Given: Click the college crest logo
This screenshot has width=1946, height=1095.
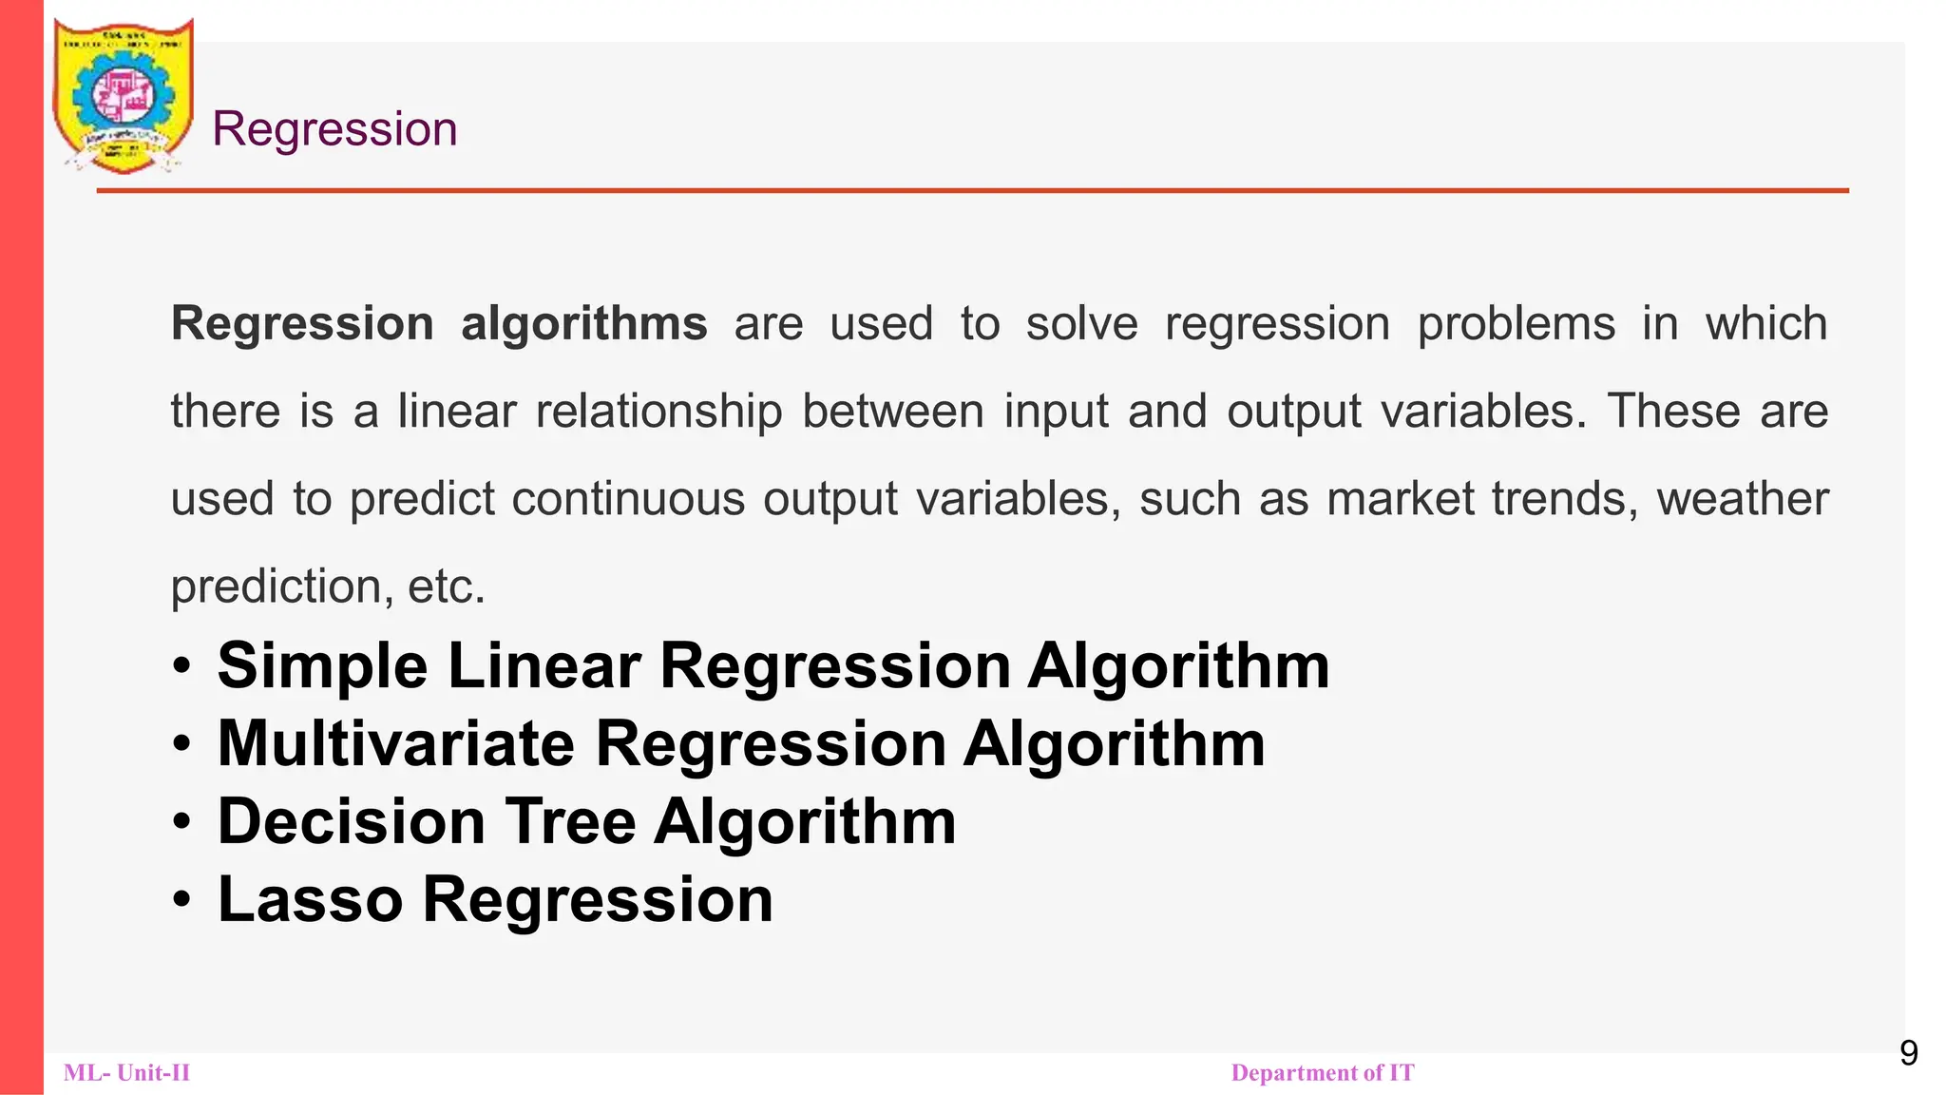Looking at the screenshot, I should click(x=124, y=95).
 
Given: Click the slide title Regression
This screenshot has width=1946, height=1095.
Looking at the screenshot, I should click(x=334, y=129).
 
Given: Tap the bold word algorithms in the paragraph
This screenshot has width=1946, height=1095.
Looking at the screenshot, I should click(x=584, y=324).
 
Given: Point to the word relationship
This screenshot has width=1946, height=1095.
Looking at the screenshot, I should click(x=658, y=412).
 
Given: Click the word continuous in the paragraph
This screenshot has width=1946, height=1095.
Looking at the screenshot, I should click(x=628, y=499).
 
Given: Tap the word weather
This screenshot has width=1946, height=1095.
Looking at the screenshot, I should click(x=1743, y=499).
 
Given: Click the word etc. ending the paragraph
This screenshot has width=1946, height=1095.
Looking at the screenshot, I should click(x=447, y=586).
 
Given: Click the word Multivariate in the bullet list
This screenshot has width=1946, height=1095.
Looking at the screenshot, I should click(x=395, y=743).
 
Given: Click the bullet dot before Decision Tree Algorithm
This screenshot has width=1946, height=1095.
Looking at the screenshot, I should click(x=182, y=821).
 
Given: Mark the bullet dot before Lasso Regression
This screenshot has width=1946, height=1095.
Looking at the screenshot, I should click(x=182, y=899).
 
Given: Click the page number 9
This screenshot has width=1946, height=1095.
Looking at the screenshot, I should click(x=1908, y=1053).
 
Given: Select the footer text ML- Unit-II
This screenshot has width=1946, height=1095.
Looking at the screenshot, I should click(x=126, y=1073).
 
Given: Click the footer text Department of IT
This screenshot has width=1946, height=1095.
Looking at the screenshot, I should click(x=1322, y=1073).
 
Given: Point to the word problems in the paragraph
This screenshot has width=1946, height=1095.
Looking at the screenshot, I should click(x=1516, y=324).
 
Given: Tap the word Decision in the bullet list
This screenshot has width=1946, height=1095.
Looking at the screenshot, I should click(x=352, y=821).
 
